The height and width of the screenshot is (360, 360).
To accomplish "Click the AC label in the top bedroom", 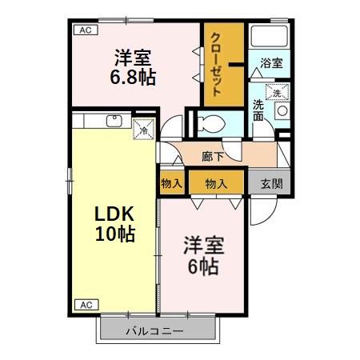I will [x=82, y=31].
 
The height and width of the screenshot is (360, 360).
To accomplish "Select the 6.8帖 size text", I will [x=133, y=77].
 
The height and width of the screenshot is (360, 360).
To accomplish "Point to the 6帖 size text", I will [x=203, y=266].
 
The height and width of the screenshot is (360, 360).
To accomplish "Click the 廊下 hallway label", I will [x=213, y=155].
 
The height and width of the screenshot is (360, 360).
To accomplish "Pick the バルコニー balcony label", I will [x=155, y=330].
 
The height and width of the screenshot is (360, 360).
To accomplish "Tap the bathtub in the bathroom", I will [x=270, y=37].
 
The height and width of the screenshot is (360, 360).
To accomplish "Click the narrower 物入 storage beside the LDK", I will [x=172, y=183].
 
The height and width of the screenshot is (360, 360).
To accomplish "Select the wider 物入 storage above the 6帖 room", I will [x=216, y=183].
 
